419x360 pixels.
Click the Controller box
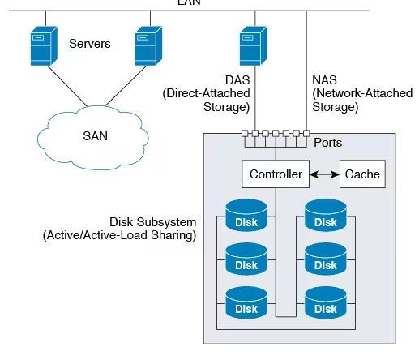tap(276, 174)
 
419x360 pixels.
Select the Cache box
tap(362, 174)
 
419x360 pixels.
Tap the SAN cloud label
tap(95, 136)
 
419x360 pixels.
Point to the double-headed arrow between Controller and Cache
tap(324, 174)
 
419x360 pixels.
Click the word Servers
tap(90, 44)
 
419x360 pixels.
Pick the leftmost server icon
tap(44, 45)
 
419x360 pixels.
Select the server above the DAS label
tap(253, 45)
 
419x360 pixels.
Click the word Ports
tap(327, 143)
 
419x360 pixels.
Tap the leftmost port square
tap(245, 133)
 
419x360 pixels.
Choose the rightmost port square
tap(306, 133)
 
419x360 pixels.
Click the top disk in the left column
tap(246, 216)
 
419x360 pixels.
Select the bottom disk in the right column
tap(326, 302)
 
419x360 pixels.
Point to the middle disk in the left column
tap(246, 259)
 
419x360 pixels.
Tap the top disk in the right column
tap(326, 216)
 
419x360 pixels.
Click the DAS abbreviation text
tap(237, 80)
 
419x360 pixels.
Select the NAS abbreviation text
tap(324, 80)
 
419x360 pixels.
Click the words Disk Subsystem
tap(152, 222)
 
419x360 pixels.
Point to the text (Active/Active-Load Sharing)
tap(119, 235)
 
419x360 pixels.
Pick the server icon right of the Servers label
tap(148, 45)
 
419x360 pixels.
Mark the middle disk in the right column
tap(326, 259)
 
